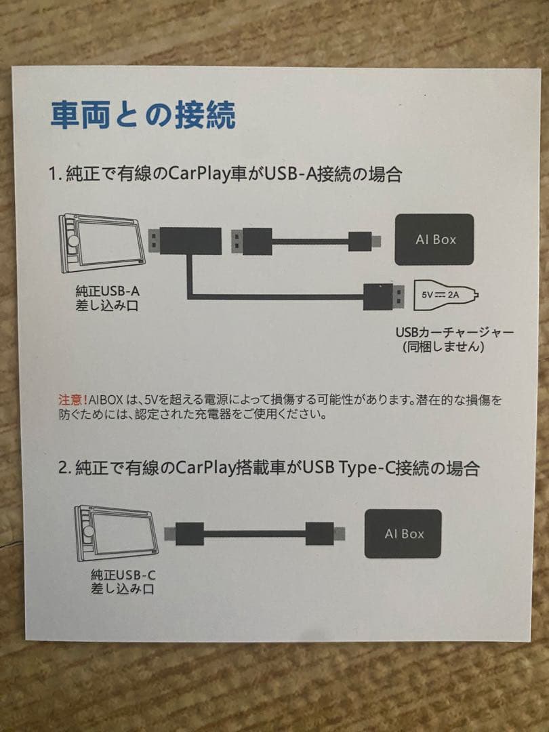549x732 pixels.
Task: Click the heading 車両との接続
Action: (x=143, y=116)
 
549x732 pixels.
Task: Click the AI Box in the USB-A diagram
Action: (x=434, y=239)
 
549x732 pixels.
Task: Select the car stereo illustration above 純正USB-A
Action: (x=102, y=243)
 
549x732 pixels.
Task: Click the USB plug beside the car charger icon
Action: (x=384, y=296)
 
